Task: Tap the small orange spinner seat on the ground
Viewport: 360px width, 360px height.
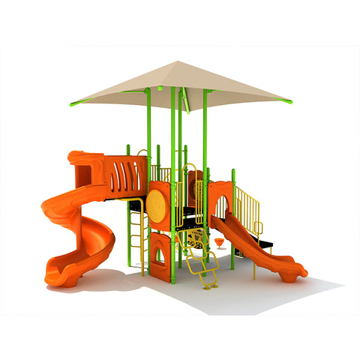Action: click(x=219, y=241)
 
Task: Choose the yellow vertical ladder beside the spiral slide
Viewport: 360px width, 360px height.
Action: click(x=137, y=229)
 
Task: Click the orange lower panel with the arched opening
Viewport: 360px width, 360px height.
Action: click(x=159, y=255)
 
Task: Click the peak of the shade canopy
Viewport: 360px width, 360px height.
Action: click(x=178, y=63)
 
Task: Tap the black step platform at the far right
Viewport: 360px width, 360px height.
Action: click(x=268, y=244)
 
